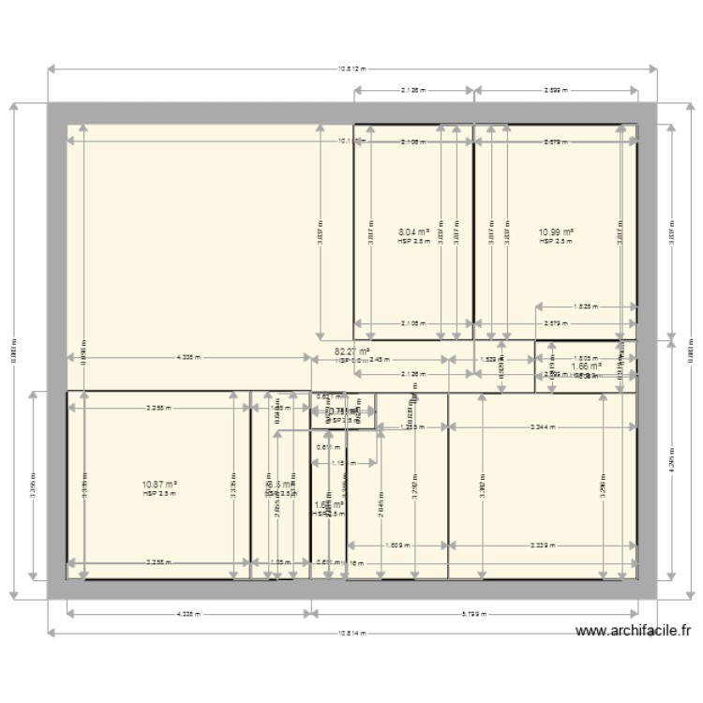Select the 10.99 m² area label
pyautogui.click(x=555, y=232)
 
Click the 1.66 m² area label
pyautogui.click(x=586, y=366)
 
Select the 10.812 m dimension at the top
pyautogui.click(x=351, y=68)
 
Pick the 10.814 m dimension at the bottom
pyautogui.click(x=351, y=634)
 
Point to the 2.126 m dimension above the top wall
pyautogui.click(x=412, y=91)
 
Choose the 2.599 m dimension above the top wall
pyautogui.click(x=555, y=91)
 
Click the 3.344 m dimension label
pyautogui.click(x=541, y=427)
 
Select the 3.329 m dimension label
pyautogui.click(x=541, y=545)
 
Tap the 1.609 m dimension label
pyautogui.click(x=396, y=545)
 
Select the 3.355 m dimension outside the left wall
pyautogui.click(x=33, y=485)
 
